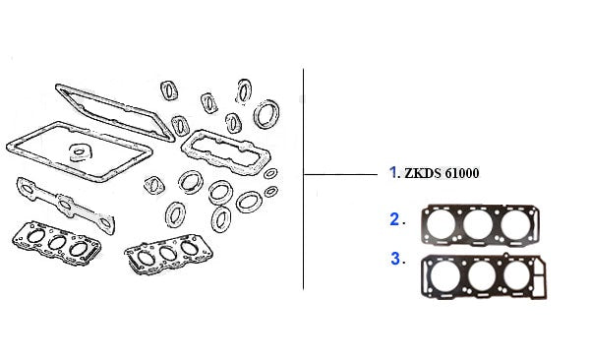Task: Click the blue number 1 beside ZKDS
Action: click(x=392, y=172)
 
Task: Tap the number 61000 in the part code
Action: click(x=462, y=173)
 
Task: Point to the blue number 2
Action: click(x=394, y=219)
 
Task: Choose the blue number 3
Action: click(x=395, y=259)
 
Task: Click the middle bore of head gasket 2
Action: click(x=478, y=224)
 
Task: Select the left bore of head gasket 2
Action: click(x=441, y=223)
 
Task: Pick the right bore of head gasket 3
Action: click(x=517, y=275)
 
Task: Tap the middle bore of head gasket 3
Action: click(x=482, y=275)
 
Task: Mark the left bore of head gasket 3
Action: click(x=445, y=275)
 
